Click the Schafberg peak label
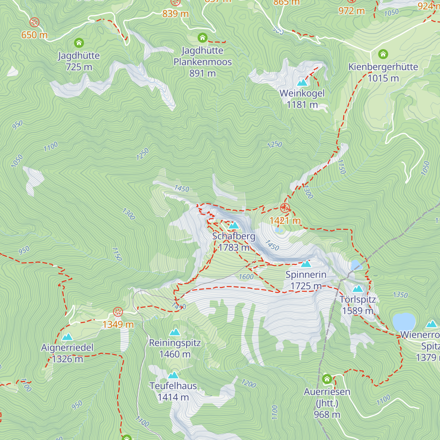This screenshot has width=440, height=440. (234, 236)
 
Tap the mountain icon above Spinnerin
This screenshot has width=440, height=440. (306, 264)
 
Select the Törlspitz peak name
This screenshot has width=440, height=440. (357, 300)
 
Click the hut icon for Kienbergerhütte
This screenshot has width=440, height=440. (383, 54)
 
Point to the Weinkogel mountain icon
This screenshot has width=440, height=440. (302, 82)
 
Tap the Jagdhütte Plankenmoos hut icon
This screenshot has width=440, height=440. (202, 38)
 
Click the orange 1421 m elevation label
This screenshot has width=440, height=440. (285, 221)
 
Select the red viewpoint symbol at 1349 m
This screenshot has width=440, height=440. (118, 312)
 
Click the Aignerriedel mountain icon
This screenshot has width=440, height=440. (67, 337)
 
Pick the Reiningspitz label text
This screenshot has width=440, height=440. (175, 343)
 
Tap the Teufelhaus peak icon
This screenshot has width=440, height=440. (173, 375)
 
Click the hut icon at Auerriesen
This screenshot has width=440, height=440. (327, 379)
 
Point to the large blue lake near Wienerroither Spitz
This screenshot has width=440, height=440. (404, 322)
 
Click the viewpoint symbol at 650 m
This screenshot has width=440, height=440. (34, 22)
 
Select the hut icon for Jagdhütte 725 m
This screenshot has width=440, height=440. (79, 43)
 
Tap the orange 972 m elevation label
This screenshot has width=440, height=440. (351, 11)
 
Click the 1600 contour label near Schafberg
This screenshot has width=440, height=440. (246, 277)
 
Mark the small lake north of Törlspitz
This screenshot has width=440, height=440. (355, 264)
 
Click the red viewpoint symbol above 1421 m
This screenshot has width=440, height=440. (285, 208)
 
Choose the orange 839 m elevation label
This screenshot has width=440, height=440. (175, 14)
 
